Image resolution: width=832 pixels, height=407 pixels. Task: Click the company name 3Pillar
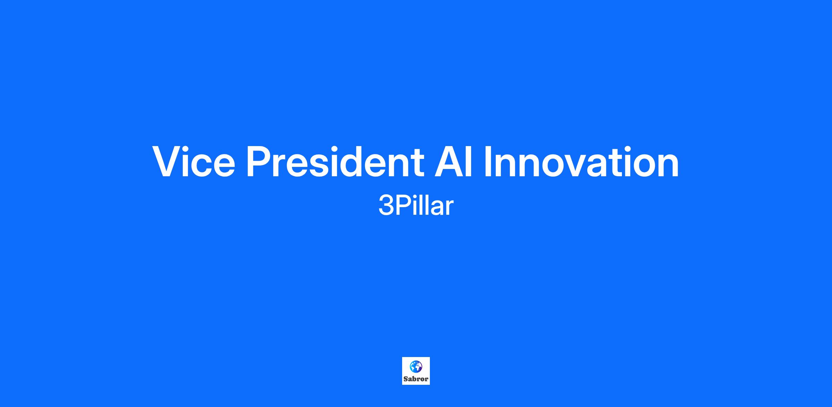416,206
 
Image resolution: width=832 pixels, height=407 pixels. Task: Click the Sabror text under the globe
416,379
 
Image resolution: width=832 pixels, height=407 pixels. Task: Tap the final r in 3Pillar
450,209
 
